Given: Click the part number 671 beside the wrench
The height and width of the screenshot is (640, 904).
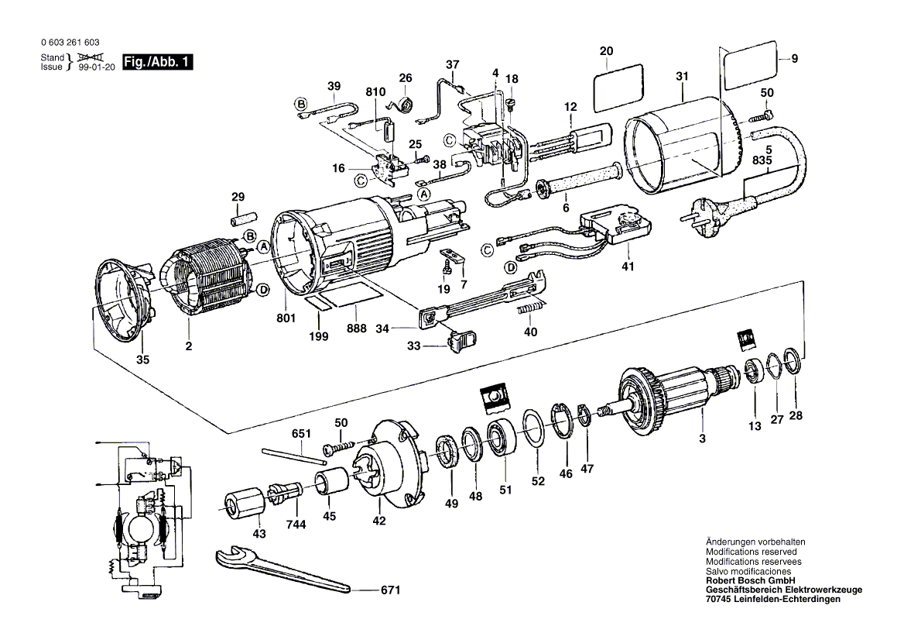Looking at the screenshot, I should [x=390, y=590].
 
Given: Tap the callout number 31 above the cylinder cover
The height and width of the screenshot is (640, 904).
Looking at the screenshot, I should [x=681, y=76].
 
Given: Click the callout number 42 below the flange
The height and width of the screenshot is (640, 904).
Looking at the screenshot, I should [x=378, y=521].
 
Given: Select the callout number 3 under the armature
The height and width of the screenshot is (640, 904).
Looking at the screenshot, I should [x=702, y=439].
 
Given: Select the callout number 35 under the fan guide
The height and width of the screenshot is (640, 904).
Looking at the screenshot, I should [x=143, y=359].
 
